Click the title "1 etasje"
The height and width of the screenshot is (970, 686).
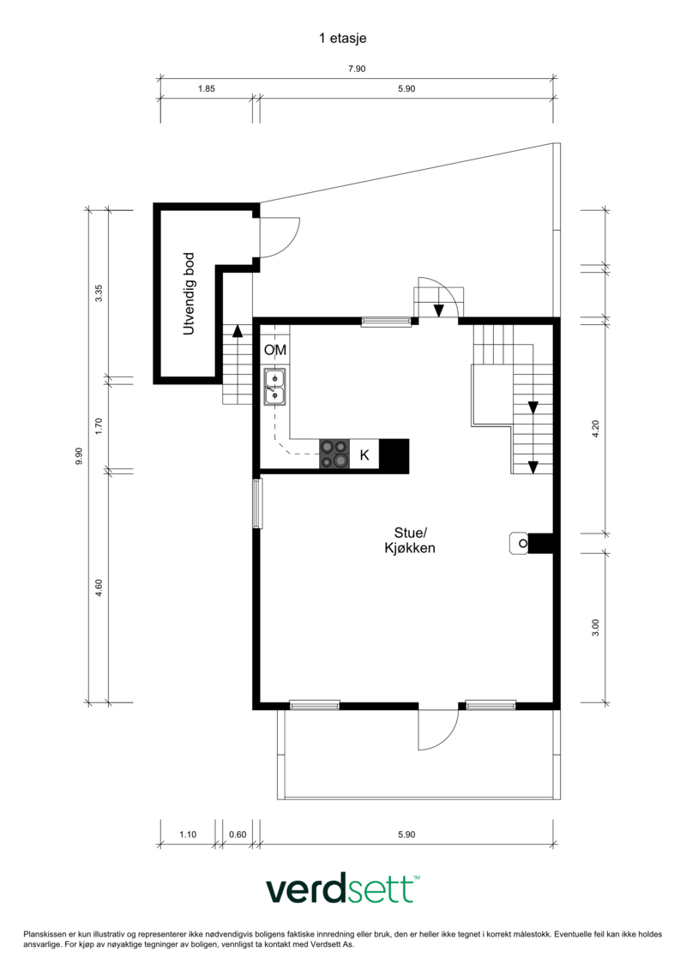tap(343, 39)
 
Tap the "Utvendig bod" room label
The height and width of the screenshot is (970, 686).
tap(189, 294)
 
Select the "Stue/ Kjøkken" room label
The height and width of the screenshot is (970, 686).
tap(410, 540)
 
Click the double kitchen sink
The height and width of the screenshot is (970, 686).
tap(274, 387)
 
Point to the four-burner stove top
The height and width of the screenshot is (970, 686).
tap(334, 454)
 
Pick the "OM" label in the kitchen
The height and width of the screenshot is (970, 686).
tap(275, 350)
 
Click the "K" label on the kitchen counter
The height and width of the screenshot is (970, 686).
tap(364, 455)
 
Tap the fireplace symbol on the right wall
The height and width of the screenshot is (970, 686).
tap(531, 543)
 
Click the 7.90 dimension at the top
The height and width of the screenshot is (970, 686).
tap(357, 69)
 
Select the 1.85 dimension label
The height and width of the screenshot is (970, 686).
tap(207, 88)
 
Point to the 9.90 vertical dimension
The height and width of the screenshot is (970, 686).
tap(79, 456)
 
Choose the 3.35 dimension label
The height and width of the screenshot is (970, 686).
tap(99, 292)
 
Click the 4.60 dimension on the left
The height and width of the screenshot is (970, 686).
tap(99, 587)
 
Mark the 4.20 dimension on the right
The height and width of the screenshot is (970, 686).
tap(596, 429)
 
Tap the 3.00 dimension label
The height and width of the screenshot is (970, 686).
tap(596, 627)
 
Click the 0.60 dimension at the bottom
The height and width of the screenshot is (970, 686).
tap(238, 834)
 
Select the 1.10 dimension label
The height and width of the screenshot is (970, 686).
tap(188, 834)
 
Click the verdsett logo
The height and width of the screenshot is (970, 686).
tap(343, 889)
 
